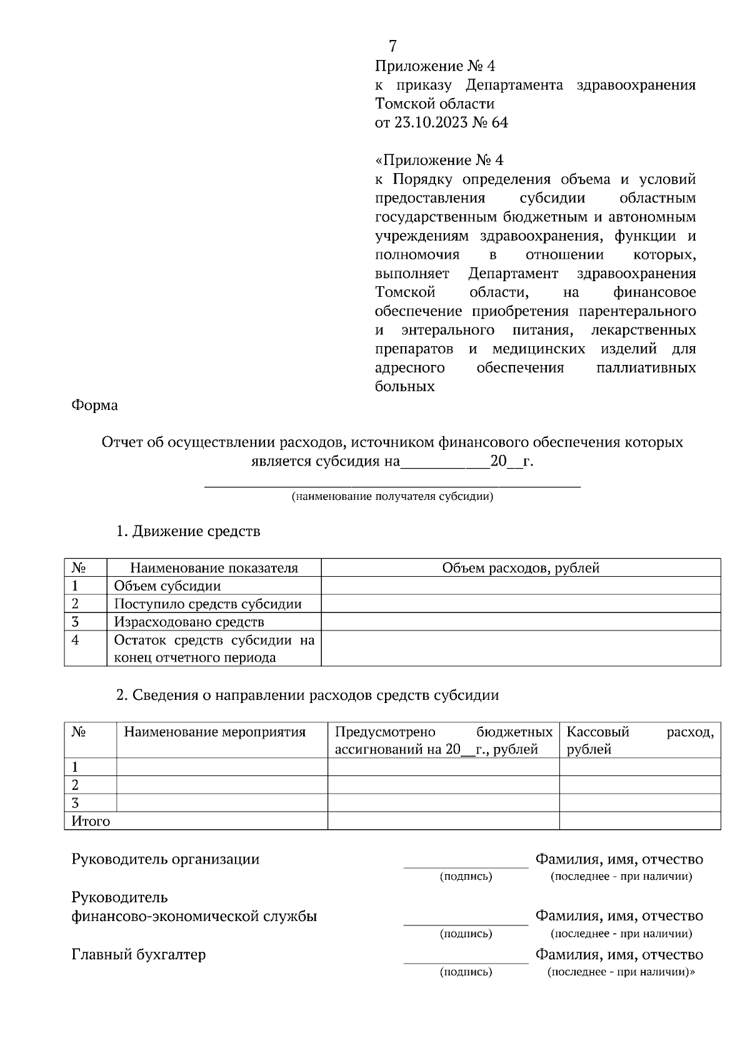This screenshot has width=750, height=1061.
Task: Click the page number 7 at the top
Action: pyautogui.click(x=392, y=46)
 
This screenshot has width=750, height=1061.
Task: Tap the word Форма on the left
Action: pyautogui.click(x=94, y=406)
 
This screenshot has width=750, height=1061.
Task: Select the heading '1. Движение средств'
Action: pyautogui.click(x=188, y=532)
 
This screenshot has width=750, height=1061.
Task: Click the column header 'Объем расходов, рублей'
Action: pyautogui.click(x=521, y=568)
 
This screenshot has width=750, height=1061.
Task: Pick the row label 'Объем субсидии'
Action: pyautogui.click(x=167, y=586)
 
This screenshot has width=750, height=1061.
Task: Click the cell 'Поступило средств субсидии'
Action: pyautogui.click(x=207, y=604)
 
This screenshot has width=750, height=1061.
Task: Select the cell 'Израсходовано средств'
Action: pyautogui.click(x=189, y=622)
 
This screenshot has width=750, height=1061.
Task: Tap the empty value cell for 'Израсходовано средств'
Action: pyautogui.click(x=521, y=622)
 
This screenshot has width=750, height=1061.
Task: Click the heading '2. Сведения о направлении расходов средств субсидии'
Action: pyautogui.click(x=307, y=695)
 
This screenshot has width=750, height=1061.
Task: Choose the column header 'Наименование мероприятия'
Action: pyautogui.click(x=215, y=732)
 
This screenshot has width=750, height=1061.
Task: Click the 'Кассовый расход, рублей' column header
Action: pyautogui.click(x=639, y=740)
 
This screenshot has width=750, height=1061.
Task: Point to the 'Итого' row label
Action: pyautogui.click(x=91, y=822)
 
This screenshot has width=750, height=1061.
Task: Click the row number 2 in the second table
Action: pyautogui.click(x=75, y=785)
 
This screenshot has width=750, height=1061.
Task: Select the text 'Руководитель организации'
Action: pyautogui.click(x=166, y=859)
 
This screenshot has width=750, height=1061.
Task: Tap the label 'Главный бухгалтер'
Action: pyautogui.click(x=139, y=955)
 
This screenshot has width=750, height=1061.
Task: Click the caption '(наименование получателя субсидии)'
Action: pyautogui.click(x=392, y=497)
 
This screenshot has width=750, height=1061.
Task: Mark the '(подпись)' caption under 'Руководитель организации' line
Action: pyautogui.click(x=466, y=877)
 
